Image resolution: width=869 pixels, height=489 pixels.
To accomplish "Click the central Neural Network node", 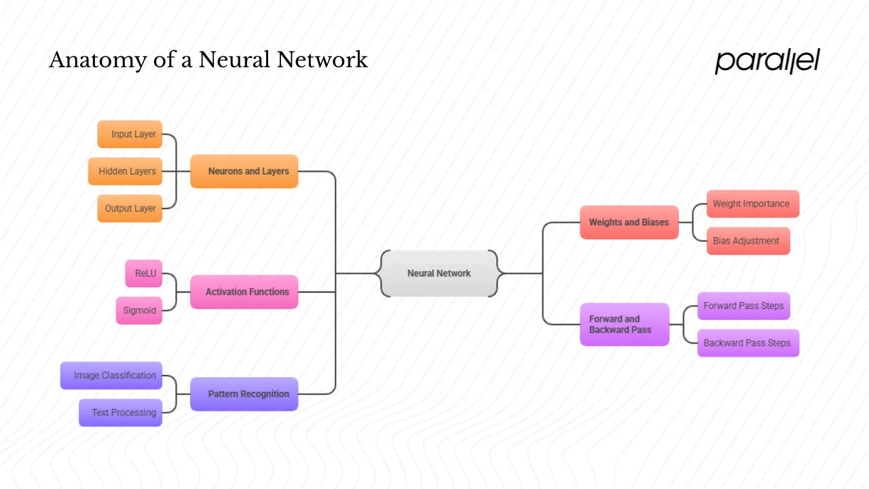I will coord(439,273).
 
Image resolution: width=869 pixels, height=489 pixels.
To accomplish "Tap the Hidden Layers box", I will coord(126,171).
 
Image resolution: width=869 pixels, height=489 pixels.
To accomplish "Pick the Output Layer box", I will coord(130,209).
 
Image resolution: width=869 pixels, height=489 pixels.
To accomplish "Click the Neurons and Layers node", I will coord(244,171).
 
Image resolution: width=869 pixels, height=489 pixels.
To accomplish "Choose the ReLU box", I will coord(144,274).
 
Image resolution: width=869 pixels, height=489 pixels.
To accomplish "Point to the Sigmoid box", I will coord(139,310).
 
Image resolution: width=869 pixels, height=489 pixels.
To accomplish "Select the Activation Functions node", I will coord(244,292).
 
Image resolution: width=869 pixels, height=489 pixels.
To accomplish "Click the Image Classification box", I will coord(111,376).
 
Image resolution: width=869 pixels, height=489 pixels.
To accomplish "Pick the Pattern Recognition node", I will coord(244,394).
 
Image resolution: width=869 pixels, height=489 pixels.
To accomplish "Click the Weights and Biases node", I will coord(629,222).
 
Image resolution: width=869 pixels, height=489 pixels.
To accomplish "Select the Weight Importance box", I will coord(752,204).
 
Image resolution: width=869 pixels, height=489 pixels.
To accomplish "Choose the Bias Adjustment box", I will coord(748,241).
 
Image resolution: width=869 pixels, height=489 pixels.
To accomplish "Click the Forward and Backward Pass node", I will coord(625,325).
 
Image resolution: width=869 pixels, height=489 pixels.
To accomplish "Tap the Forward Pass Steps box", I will coord(743,306).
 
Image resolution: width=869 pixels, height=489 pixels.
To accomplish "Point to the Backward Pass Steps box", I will coord(748,343).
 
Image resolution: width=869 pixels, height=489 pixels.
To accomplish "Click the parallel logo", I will coord(767,61).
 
